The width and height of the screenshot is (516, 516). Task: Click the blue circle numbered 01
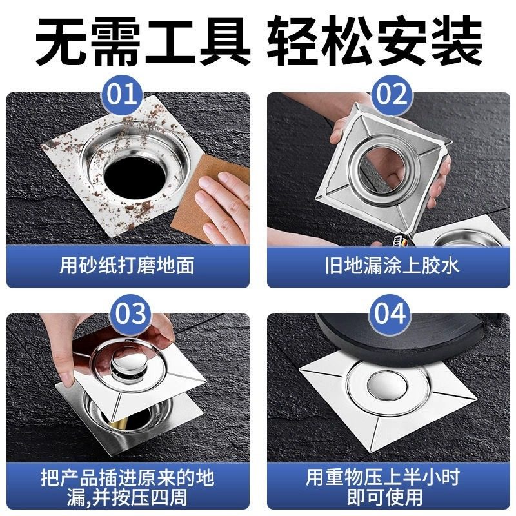tap(122, 95)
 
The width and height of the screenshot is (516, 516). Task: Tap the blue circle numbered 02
tap(391, 95)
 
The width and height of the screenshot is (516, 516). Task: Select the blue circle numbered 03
tap(130, 314)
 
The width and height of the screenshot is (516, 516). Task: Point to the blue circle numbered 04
tap(390, 314)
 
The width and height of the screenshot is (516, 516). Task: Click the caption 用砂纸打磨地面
tap(127, 266)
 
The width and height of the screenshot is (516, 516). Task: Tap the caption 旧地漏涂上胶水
tap(392, 266)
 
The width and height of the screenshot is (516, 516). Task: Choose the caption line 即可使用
tap(384, 497)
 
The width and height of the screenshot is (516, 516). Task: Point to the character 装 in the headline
tap(457, 41)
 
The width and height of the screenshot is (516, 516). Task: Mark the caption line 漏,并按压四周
tap(127, 497)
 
